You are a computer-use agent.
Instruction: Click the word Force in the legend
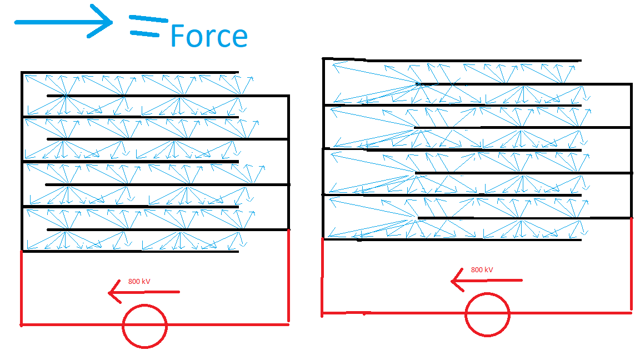[208, 36]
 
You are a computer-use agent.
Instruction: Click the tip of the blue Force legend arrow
[111, 22]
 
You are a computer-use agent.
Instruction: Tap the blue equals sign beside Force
[148, 26]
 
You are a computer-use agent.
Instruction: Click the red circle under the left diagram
[144, 326]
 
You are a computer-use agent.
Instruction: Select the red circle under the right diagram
[487, 314]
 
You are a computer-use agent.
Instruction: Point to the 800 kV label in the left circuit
[139, 282]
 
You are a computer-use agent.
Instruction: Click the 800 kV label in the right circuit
[482, 270]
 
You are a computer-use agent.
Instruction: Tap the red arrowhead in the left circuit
[113, 292]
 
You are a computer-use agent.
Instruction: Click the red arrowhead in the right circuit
[457, 281]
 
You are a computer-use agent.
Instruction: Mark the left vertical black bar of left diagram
[22, 161]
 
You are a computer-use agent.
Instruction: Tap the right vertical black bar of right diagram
[632, 150]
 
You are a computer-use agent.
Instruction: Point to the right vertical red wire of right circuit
[632, 264]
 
